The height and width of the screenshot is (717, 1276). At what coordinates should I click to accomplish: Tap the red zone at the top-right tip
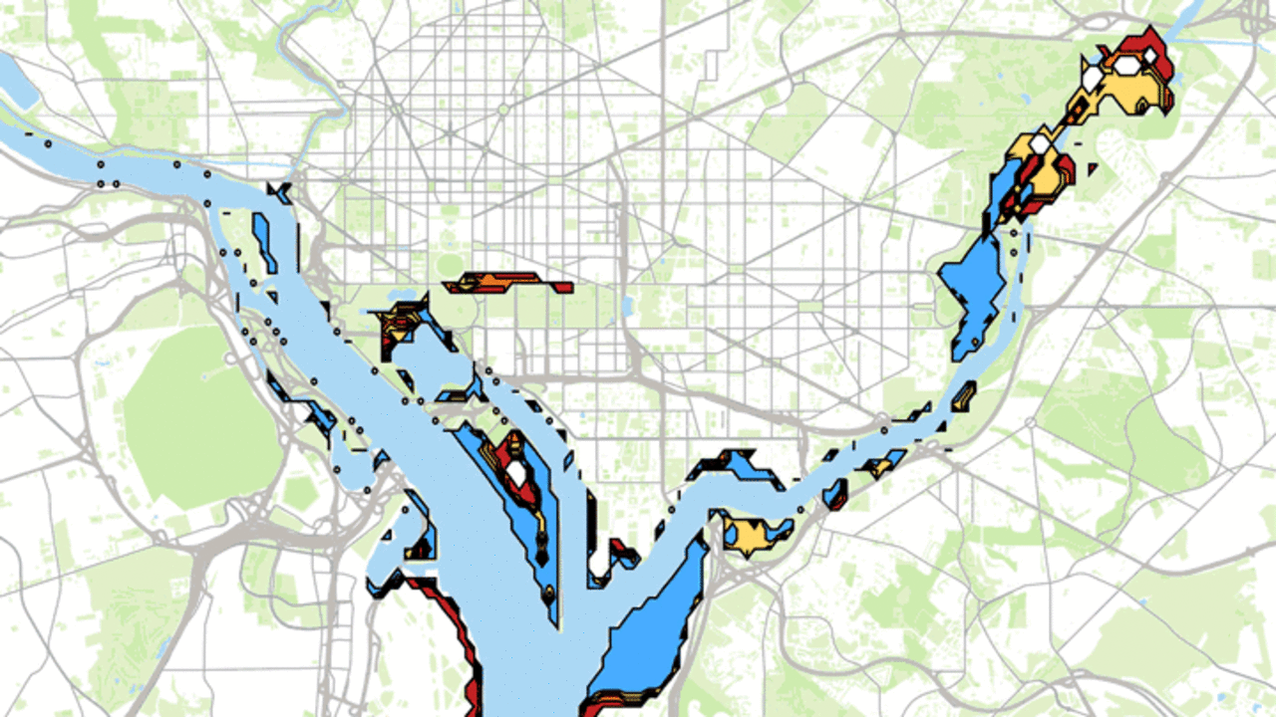coord(1136,46)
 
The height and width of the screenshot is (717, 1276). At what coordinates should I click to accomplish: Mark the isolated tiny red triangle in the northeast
coord(1094,169)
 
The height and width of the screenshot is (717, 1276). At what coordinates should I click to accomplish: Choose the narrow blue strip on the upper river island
coord(266,241)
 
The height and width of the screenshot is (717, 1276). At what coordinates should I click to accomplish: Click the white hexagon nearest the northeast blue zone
coord(1039,145)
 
